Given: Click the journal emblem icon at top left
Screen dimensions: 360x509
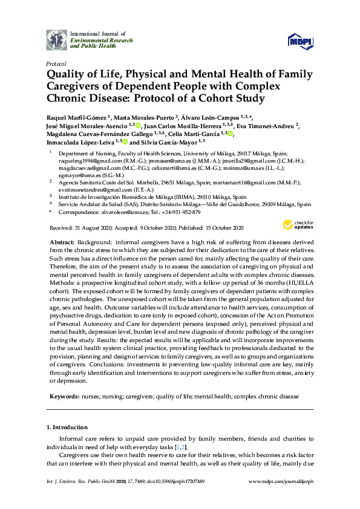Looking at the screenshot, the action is (x=57, y=39).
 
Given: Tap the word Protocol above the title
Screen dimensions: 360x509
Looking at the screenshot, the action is (x=56, y=63).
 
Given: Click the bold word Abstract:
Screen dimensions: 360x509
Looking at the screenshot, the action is (x=65, y=241).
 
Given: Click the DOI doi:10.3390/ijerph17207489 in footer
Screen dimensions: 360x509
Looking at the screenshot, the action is (x=173, y=498).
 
